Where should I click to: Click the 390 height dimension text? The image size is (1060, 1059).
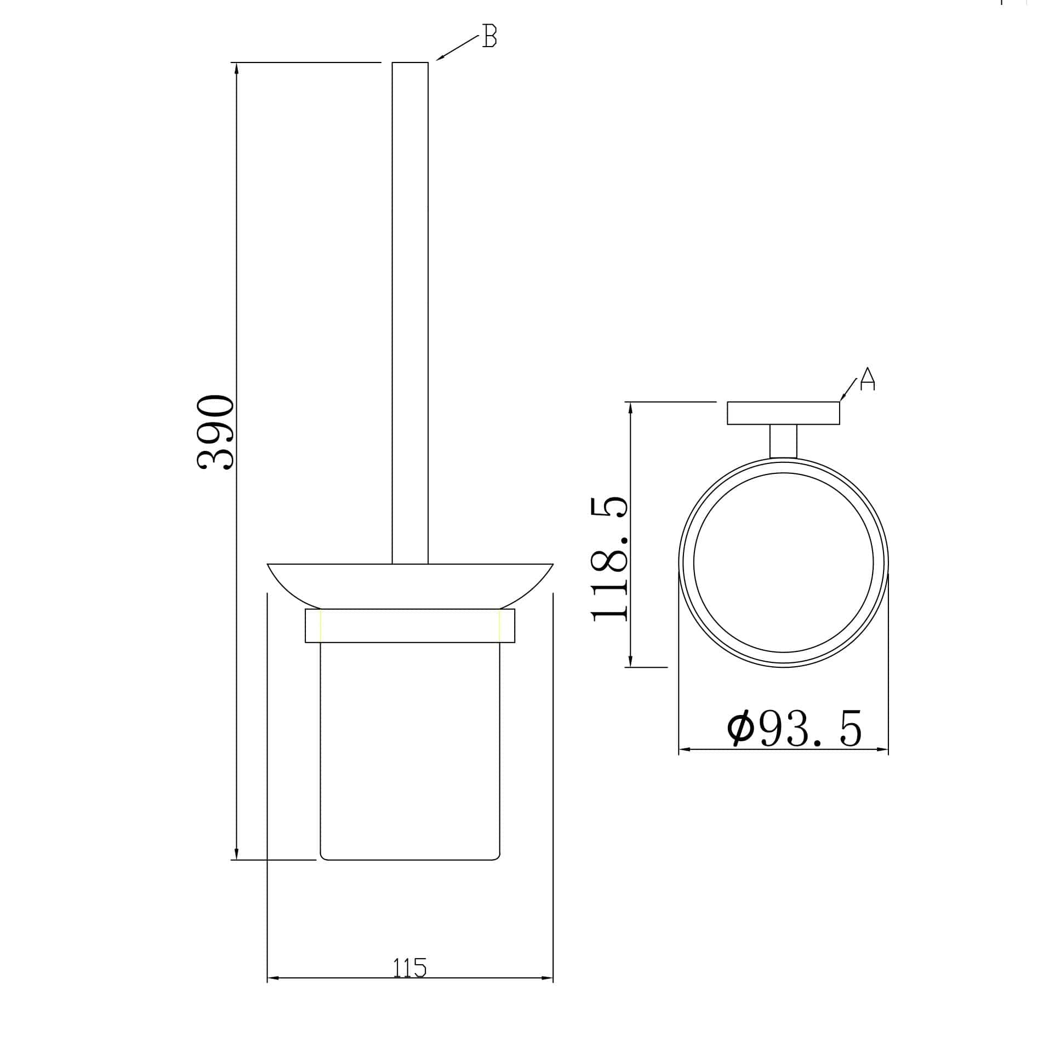click(x=215, y=433)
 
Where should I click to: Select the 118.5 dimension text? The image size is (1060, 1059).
click(x=609, y=559)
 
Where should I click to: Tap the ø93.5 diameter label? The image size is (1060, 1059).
click(x=794, y=729)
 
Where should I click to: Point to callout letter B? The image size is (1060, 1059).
click(x=489, y=36)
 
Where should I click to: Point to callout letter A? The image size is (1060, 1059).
click(x=868, y=379)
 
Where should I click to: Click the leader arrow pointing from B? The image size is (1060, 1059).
click(x=457, y=48)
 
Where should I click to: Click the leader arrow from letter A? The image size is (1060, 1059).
click(x=848, y=390)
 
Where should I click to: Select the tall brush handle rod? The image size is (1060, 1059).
click(x=410, y=313)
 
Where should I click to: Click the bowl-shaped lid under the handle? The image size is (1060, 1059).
click(x=410, y=584)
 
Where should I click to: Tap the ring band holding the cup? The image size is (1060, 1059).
click(x=410, y=625)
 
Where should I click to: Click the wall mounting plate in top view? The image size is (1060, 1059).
click(x=783, y=413)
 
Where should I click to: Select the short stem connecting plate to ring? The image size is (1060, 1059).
click(x=783, y=441)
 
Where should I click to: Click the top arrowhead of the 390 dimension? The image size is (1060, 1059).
click(x=236, y=69)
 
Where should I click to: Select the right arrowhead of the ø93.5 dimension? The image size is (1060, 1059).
click(x=882, y=749)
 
